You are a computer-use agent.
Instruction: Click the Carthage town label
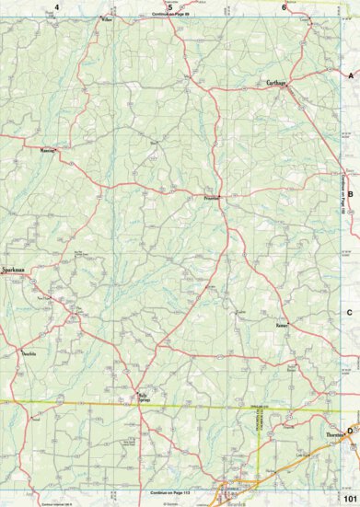pos(276,83)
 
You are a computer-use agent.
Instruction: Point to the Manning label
pos(48,148)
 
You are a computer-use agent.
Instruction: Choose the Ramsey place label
pos(281,325)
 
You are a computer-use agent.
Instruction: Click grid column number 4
pos(57,7)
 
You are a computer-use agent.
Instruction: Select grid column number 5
pos(169,7)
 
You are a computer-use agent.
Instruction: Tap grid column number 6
pos(283,7)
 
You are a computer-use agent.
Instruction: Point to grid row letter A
pos(350,76)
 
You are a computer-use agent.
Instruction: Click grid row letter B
pos(350,194)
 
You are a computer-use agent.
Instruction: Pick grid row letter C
pos(350,313)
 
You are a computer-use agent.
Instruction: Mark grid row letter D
pos(350,431)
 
